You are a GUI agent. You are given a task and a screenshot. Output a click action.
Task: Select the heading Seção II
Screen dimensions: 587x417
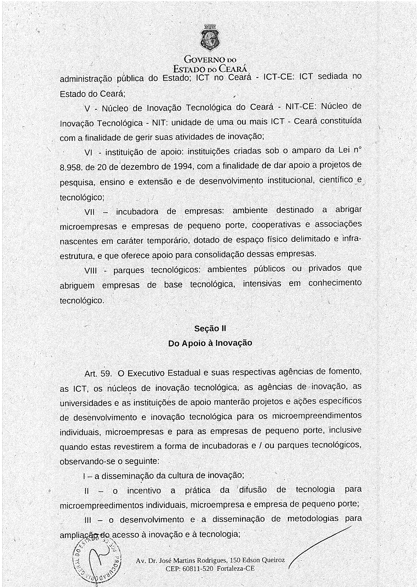pyautogui.click(x=210, y=328)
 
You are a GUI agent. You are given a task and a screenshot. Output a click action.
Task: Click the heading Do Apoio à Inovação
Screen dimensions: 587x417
pyautogui.click(x=210, y=343)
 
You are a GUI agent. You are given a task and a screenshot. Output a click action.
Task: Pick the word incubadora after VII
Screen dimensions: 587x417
pyautogui.click(x=137, y=211)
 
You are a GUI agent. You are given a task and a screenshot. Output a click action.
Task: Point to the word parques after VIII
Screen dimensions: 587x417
pyautogui.click(x=128, y=270)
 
